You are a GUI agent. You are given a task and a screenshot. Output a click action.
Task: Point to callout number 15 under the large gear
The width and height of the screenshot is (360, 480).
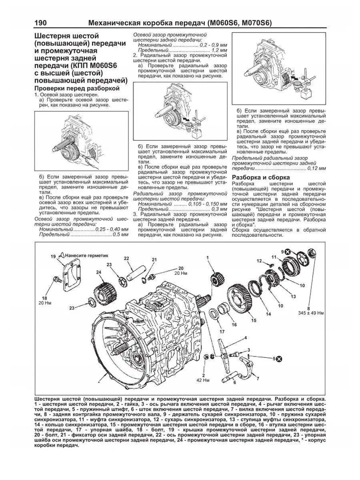coord(253,320)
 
